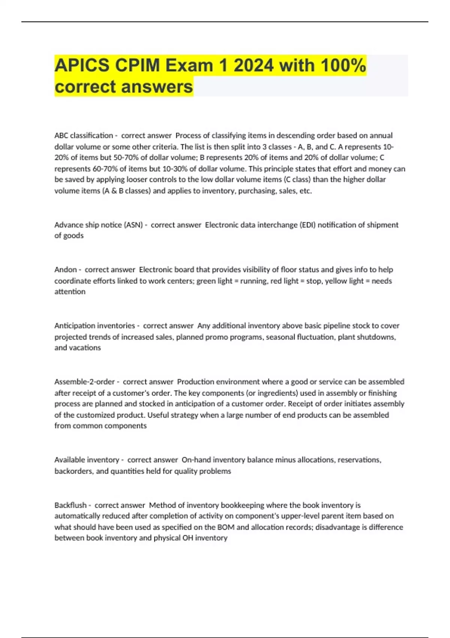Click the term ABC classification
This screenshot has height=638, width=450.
click(83, 135)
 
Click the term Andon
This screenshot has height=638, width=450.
click(65, 269)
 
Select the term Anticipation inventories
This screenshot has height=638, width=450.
click(94, 326)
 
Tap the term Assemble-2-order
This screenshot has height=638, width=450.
click(84, 382)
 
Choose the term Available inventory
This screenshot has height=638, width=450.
click(86, 460)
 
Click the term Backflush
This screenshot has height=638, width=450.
click(70, 505)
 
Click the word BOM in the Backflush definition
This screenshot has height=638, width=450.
click(226, 527)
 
